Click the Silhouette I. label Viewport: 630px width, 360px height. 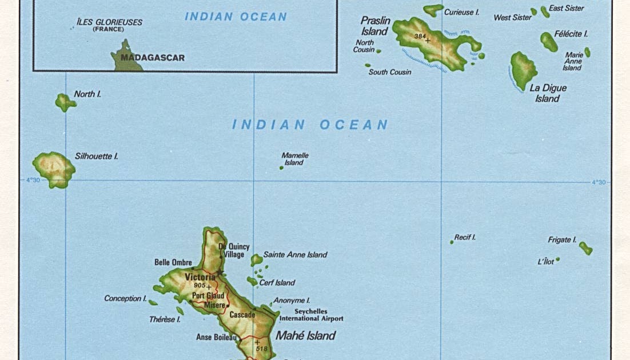(97, 156)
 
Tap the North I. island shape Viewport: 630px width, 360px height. (65, 102)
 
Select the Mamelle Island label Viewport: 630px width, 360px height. (295, 159)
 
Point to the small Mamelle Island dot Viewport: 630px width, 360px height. (281, 168)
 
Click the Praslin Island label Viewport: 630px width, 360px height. (375, 26)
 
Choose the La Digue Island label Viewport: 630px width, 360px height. (548, 93)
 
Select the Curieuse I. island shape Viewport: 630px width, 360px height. (433, 10)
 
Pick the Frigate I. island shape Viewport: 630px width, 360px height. (585, 248)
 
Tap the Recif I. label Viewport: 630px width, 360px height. (465, 237)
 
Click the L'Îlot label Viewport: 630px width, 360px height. (545, 262)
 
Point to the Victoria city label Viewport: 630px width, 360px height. (200, 277)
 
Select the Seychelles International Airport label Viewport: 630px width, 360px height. (311, 315)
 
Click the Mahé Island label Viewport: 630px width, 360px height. (305, 335)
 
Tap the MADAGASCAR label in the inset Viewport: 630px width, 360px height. (153, 58)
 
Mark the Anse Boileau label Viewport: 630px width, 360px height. (216, 337)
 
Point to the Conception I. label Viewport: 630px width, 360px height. (125, 298)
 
